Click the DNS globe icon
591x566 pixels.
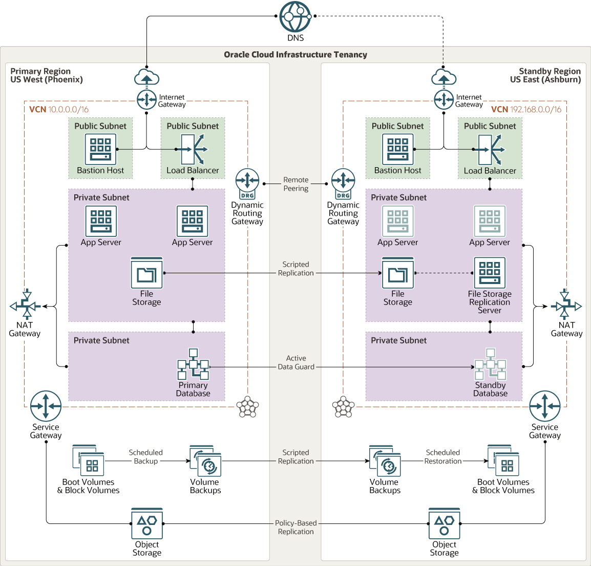pyautogui.click(x=295, y=17)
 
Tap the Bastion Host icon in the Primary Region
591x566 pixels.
pyautogui.click(x=100, y=149)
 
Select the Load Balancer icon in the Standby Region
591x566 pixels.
pyautogui.click(x=490, y=150)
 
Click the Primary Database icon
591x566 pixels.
pyautogui.click(x=193, y=364)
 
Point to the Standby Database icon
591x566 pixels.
pyautogui.click(x=490, y=364)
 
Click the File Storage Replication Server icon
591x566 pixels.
pyautogui.click(x=490, y=273)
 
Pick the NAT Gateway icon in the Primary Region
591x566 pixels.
pyautogui.click(x=25, y=306)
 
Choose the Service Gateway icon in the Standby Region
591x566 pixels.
pyautogui.click(x=545, y=406)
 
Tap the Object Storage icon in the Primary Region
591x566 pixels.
pyautogui.click(x=147, y=523)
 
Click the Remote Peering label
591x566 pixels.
pyautogui.click(x=296, y=184)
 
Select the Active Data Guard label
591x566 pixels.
pyautogui.click(x=296, y=362)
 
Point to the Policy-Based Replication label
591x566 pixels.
pyautogui.click(x=296, y=527)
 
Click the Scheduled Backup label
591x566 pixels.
pyautogui.click(x=146, y=457)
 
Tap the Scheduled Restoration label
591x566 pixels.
pyautogui.click(x=443, y=457)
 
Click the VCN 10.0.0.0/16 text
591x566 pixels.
pyautogui.click(x=59, y=109)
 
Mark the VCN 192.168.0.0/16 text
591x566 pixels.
pyautogui.click(x=526, y=109)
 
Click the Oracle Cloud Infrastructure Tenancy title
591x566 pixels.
pyautogui.click(x=295, y=54)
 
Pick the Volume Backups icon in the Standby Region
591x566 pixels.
pyautogui.click(x=385, y=461)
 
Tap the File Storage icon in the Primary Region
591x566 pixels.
pyautogui.click(x=147, y=273)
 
